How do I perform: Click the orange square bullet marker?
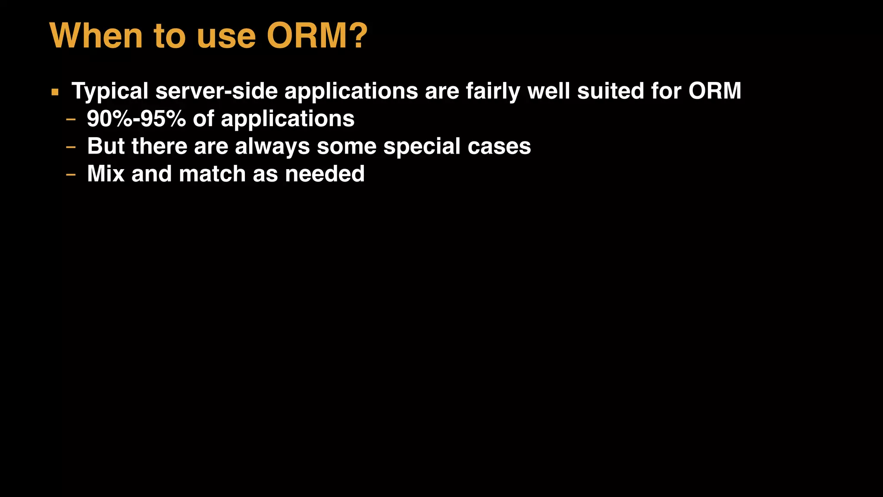tap(55, 92)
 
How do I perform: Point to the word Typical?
tap(110, 91)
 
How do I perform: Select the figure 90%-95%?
tap(136, 119)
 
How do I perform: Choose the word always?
tap(272, 147)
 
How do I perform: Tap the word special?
tap(422, 147)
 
